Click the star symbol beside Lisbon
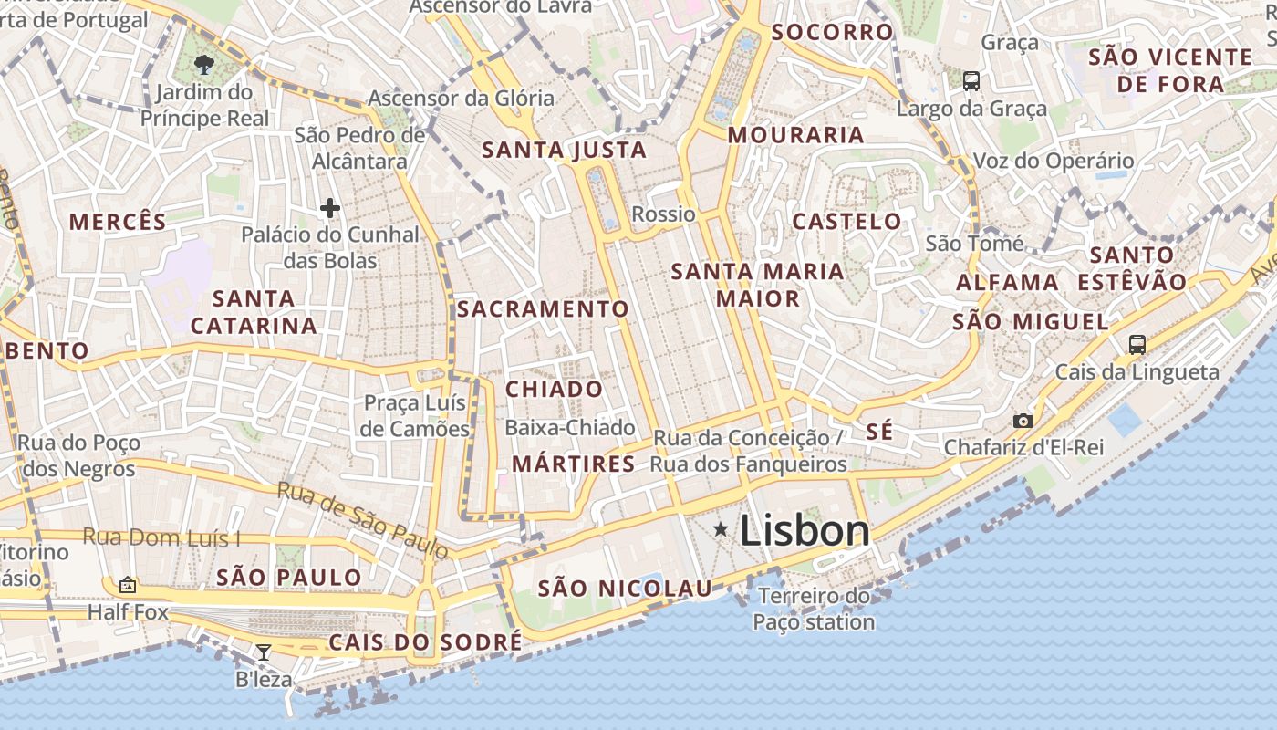pos(721,529)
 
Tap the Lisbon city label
pos(805,530)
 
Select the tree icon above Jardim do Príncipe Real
pos(204,64)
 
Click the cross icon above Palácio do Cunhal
pos(329,208)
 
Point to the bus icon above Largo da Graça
pos(971,81)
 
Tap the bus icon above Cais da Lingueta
pos(1137,345)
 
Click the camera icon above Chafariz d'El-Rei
pos(1023,421)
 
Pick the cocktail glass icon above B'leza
pos(264,652)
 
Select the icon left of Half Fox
pos(128,585)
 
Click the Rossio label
pos(663,214)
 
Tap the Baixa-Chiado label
pos(570,427)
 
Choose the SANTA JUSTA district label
pos(564,150)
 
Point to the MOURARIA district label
pos(795,135)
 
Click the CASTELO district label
pos(846,221)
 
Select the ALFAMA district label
pos(1007,282)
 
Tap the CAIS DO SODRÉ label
pos(425,642)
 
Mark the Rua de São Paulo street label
pos(363,520)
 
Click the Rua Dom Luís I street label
pos(161,537)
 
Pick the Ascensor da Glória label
pos(461,98)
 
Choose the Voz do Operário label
pos(1054,161)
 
